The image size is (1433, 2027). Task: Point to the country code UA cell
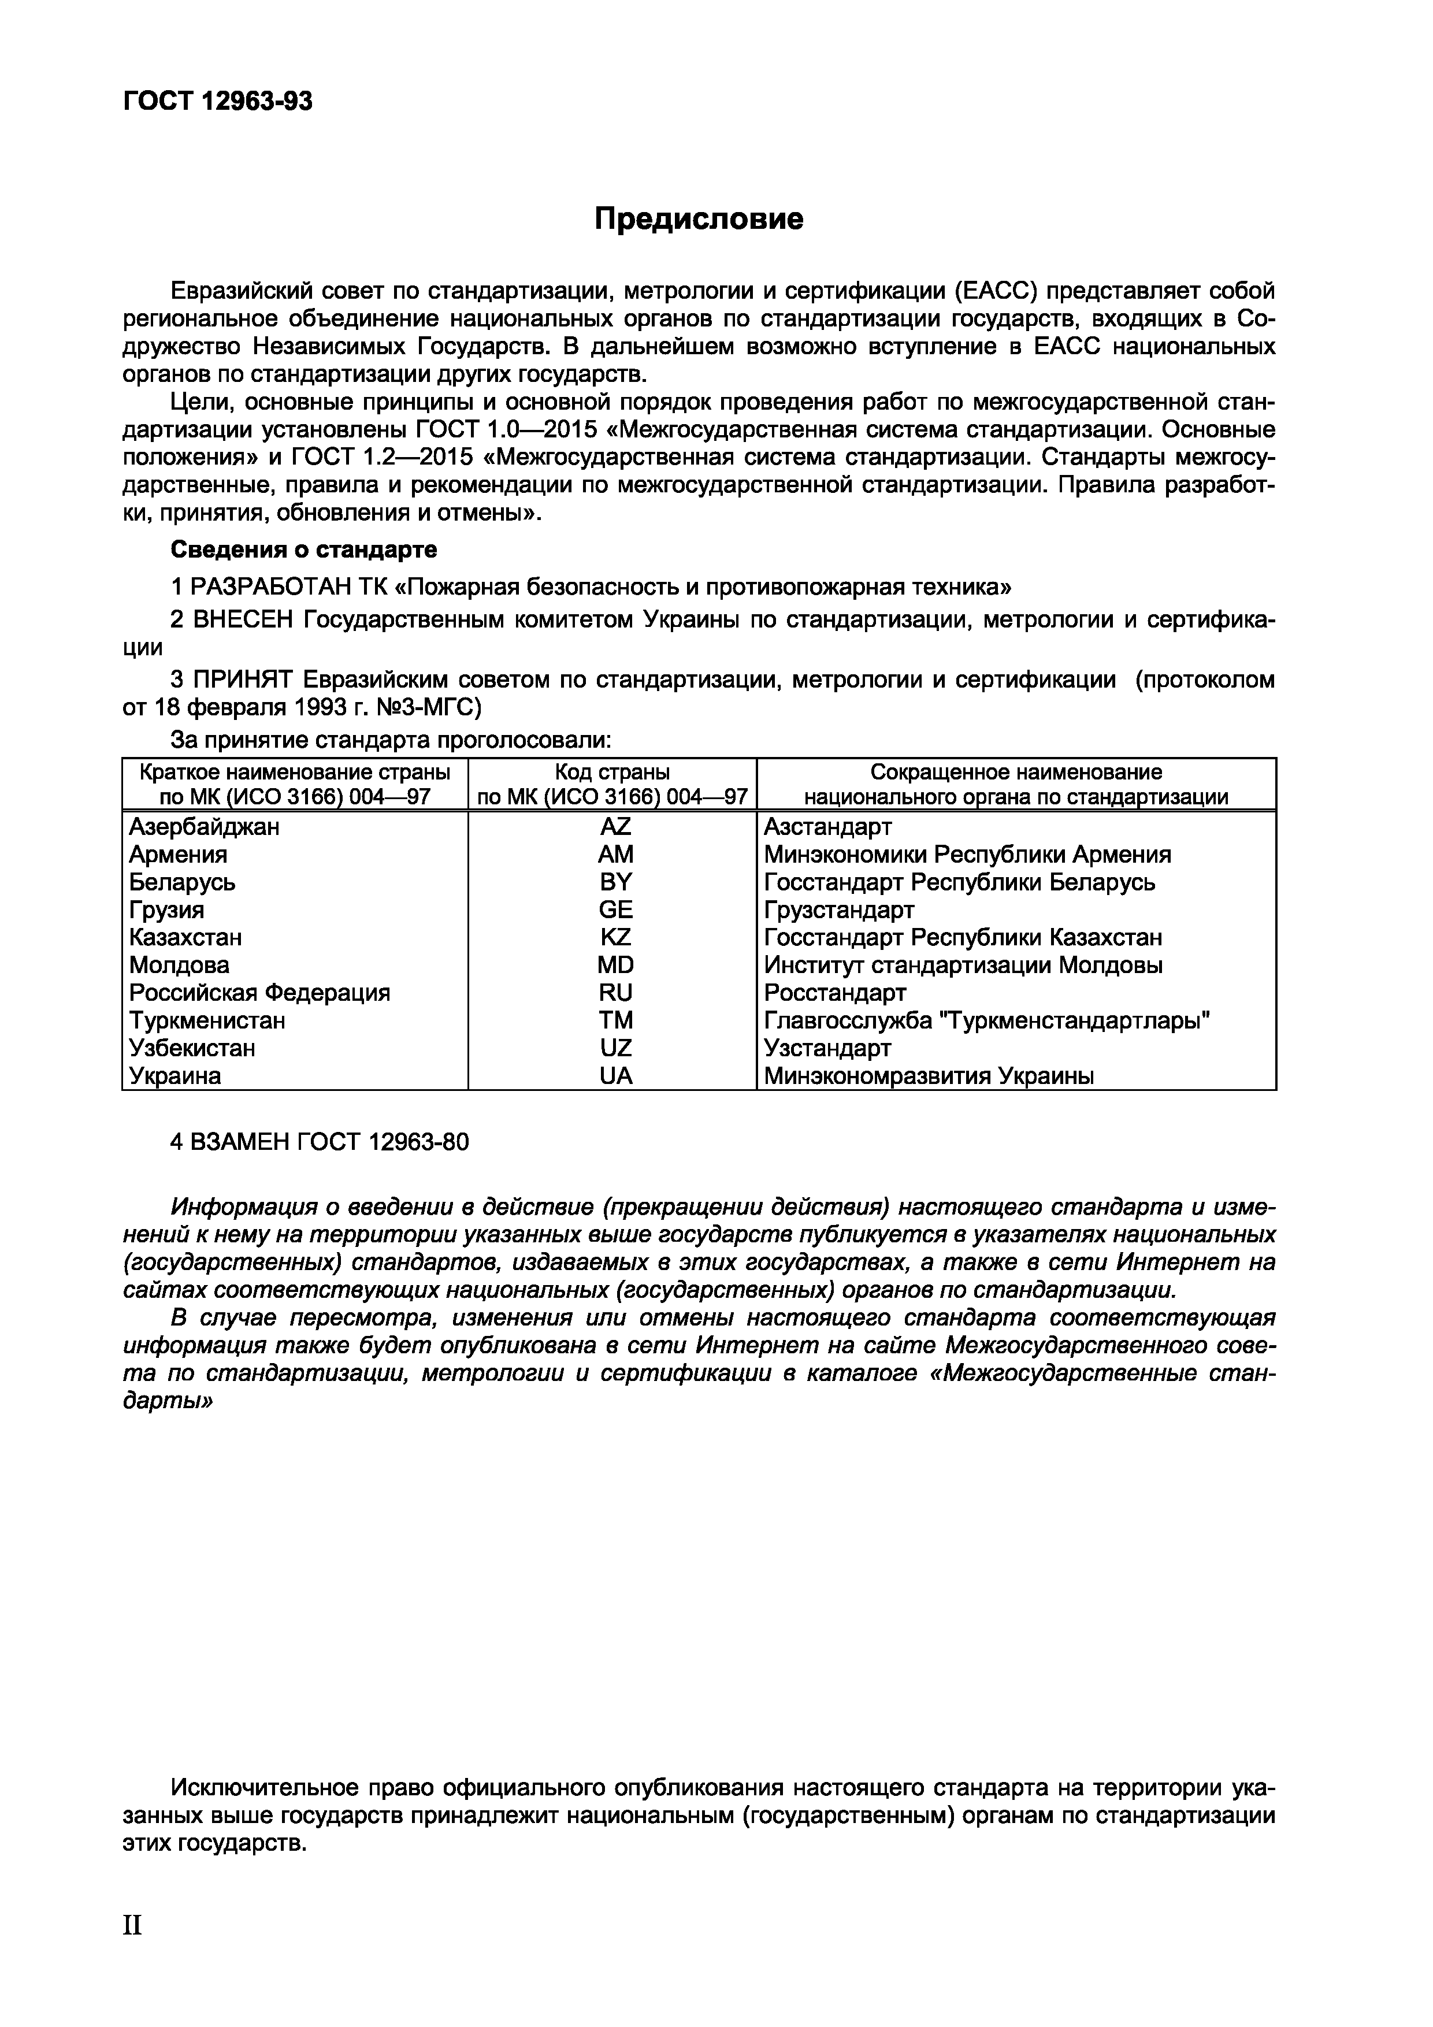point(615,1076)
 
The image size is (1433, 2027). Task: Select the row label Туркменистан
point(207,1020)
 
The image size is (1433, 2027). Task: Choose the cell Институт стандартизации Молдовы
point(963,966)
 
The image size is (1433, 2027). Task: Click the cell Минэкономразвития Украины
point(928,1076)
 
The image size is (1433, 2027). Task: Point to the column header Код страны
point(612,771)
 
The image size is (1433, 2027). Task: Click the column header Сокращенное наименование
point(1015,771)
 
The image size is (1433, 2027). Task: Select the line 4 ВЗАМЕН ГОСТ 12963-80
point(319,1142)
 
